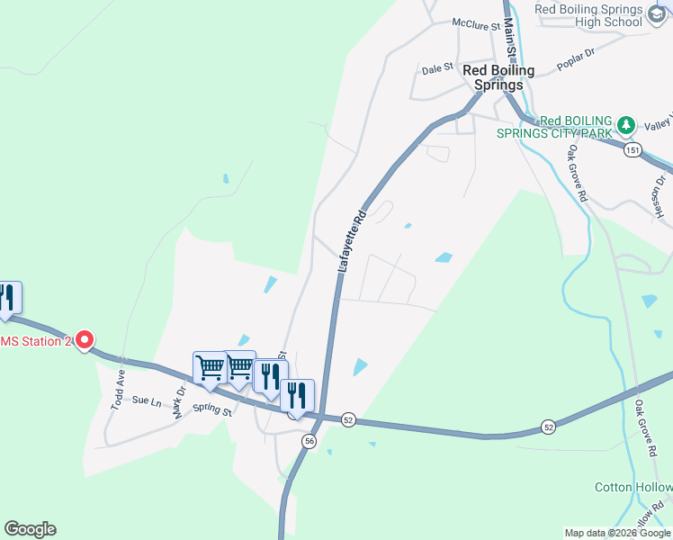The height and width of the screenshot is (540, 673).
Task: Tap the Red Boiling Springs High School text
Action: pyautogui.click(x=588, y=15)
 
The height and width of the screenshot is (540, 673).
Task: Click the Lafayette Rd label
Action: pyautogui.click(x=353, y=243)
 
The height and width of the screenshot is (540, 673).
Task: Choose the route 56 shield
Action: pyautogui.click(x=309, y=441)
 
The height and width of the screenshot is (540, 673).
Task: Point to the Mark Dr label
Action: pyautogui.click(x=179, y=401)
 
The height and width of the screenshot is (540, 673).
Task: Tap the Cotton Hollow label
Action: pyautogui.click(x=633, y=487)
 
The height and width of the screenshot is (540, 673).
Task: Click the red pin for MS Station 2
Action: pyautogui.click(x=84, y=339)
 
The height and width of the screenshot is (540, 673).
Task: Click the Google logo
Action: pyautogui.click(x=30, y=529)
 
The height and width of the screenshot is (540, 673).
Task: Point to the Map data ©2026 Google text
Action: pyautogui.click(x=617, y=533)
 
